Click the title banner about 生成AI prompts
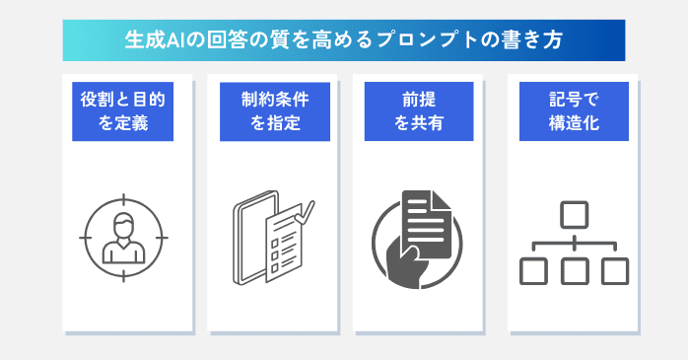[x=343, y=40]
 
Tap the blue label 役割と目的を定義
[x=122, y=111]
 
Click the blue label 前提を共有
[x=417, y=111]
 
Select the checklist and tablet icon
[x=271, y=242]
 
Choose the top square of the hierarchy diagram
[x=574, y=213]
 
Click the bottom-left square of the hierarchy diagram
[x=533, y=269]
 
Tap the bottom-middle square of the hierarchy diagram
[x=574, y=269]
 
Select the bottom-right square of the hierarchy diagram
[x=614, y=269]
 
